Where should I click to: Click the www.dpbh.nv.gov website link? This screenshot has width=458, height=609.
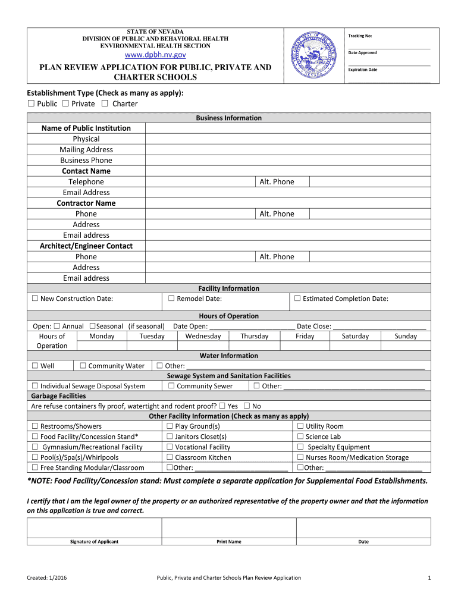click(x=155, y=55)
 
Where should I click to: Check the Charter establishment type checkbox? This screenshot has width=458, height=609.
click(x=105, y=103)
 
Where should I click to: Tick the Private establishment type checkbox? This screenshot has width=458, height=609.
click(x=65, y=103)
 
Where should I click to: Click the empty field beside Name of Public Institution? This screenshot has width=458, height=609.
click(x=288, y=128)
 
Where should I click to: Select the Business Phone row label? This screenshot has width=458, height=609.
click(x=86, y=160)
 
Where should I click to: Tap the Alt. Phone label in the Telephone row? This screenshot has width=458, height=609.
click(x=277, y=181)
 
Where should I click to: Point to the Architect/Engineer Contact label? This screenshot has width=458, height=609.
click(x=86, y=246)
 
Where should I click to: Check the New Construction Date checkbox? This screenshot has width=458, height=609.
click(x=35, y=299)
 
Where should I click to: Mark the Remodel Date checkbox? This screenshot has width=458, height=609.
click(x=171, y=299)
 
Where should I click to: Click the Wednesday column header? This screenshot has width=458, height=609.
click(x=203, y=336)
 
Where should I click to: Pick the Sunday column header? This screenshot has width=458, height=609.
click(x=406, y=336)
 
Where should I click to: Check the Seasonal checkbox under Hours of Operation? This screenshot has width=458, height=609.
click(x=92, y=326)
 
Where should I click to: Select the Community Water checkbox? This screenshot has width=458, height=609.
click(x=83, y=366)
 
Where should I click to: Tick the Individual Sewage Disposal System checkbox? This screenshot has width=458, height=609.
click(x=35, y=386)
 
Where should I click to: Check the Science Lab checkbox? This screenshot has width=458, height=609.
click(x=300, y=437)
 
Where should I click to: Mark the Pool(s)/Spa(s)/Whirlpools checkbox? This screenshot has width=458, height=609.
click(x=35, y=457)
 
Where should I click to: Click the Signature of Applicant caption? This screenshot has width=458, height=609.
click(x=94, y=542)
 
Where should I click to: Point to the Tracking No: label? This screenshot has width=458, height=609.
click(x=360, y=36)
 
